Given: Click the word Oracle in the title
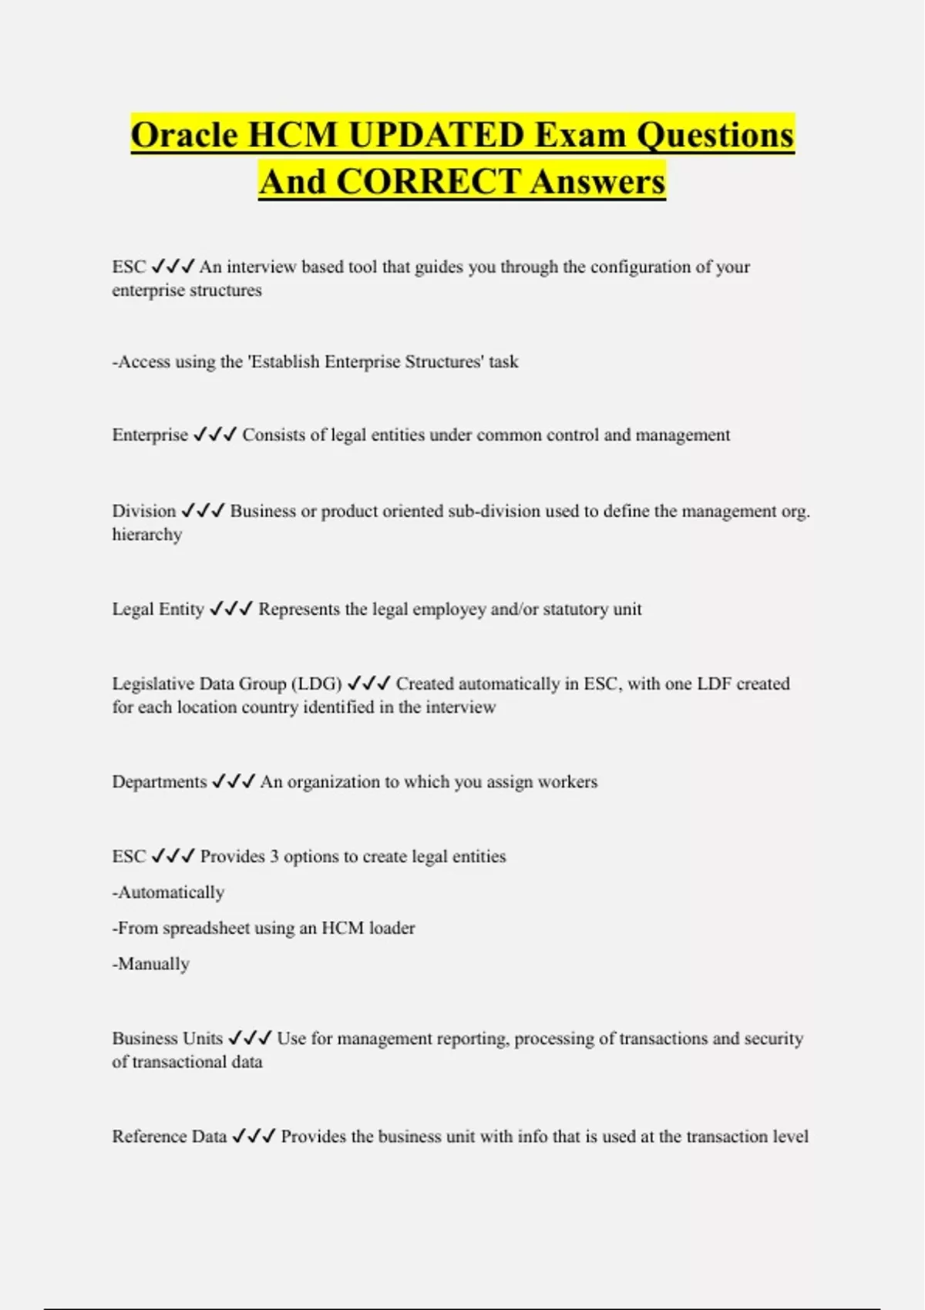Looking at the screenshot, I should (x=184, y=135).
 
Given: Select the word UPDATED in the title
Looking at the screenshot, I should (x=436, y=135).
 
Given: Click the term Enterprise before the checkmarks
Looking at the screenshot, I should (x=150, y=435).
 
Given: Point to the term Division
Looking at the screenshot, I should (x=144, y=511).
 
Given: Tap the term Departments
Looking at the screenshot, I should (x=160, y=782).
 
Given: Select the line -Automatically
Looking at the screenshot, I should (x=168, y=892).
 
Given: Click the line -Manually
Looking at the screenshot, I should (x=151, y=964).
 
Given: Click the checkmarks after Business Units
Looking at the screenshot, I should (x=250, y=1039).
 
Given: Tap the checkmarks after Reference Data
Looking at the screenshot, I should (x=254, y=1137).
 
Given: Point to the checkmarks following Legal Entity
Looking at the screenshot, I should (x=230, y=610).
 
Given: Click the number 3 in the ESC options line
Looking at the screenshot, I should (x=274, y=857).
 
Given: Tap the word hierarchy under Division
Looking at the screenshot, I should (x=147, y=535).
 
